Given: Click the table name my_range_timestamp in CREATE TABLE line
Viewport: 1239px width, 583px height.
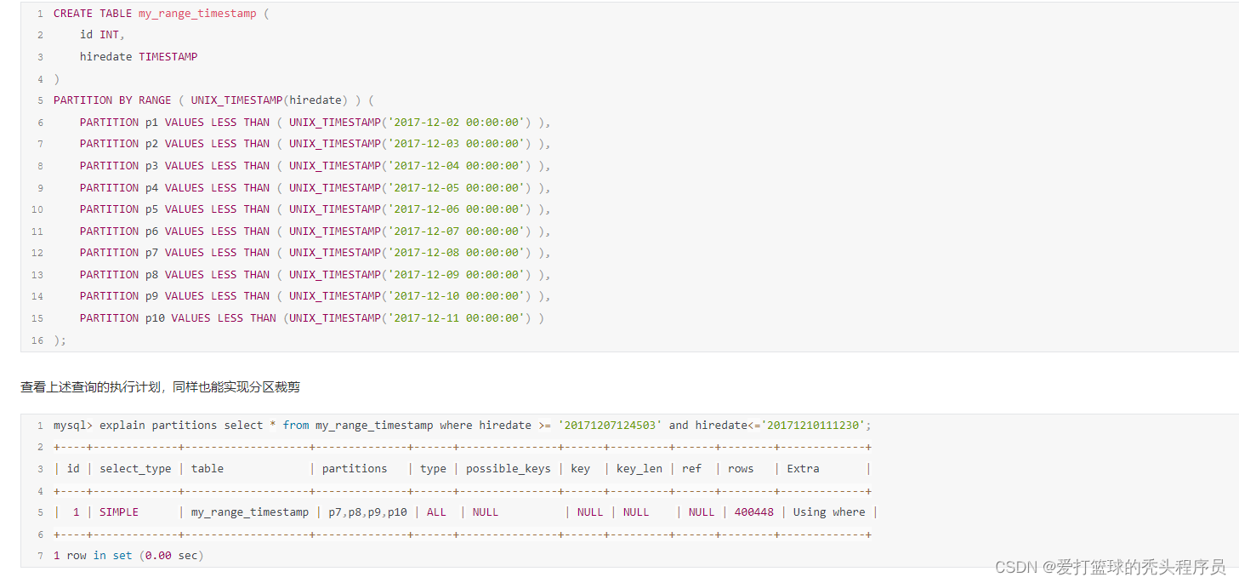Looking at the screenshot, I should [x=197, y=14].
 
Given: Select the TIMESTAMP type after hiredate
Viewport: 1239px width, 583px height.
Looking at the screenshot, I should [x=168, y=57].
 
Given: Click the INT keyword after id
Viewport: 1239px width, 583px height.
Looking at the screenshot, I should [x=109, y=35].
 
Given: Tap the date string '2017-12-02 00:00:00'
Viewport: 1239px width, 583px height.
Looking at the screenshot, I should [x=459, y=123].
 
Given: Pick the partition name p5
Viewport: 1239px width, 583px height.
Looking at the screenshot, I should [x=151, y=209].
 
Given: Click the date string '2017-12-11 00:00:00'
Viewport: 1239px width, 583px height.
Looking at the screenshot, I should [x=459, y=318].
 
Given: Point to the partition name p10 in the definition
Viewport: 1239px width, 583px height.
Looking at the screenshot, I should [x=155, y=318].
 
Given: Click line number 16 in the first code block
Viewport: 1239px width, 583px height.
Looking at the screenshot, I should [x=37, y=340].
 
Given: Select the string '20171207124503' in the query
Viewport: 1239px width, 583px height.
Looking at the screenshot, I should [x=610, y=426].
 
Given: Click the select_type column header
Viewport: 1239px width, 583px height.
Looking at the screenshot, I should [x=135, y=469].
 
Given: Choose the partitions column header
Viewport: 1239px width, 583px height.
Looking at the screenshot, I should [x=355, y=469].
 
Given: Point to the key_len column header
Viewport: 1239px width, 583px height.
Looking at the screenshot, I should [x=639, y=469].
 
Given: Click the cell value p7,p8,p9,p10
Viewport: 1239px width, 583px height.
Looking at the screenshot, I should [x=367, y=512].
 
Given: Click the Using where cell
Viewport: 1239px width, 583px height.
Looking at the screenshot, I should [x=829, y=512].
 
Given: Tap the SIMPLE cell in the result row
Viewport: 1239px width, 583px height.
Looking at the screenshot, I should [x=119, y=512].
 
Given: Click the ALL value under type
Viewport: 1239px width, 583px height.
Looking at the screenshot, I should [x=436, y=512].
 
